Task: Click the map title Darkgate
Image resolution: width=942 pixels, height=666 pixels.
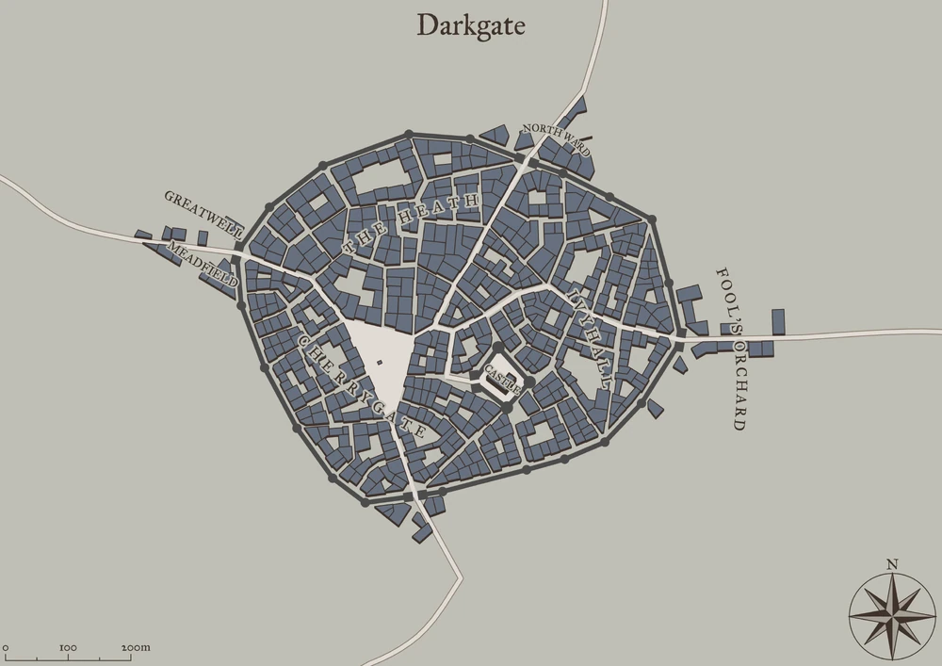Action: [x=471, y=25]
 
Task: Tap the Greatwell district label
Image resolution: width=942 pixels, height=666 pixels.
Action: [x=204, y=213]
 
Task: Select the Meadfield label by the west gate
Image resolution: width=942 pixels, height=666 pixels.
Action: [x=203, y=263]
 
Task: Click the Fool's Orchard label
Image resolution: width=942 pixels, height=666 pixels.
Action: [x=732, y=348]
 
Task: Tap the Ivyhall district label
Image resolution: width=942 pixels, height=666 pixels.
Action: [x=590, y=338]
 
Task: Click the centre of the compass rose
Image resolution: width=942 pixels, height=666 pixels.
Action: [x=891, y=613]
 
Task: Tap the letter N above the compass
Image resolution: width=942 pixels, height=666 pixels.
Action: [x=891, y=565]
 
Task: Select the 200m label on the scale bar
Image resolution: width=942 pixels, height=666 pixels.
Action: [x=136, y=648]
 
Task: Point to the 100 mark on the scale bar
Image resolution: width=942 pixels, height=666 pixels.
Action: [x=68, y=648]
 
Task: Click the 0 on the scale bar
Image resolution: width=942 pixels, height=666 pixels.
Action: [x=6, y=648]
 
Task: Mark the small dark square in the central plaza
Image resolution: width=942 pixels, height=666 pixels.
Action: [x=379, y=362]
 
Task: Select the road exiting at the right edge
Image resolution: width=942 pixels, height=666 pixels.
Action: [x=904, y=332]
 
